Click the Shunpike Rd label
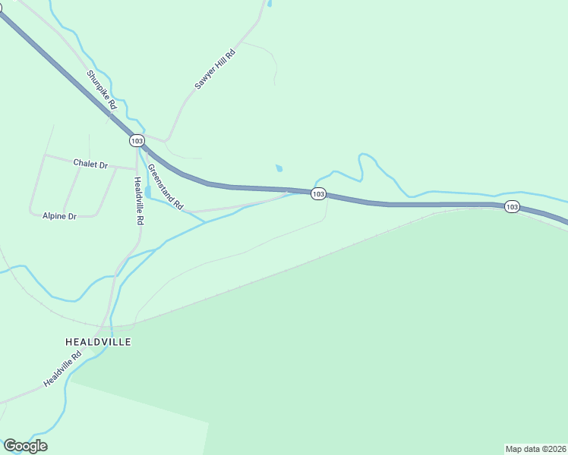pyautogui.click(x=101, y=89)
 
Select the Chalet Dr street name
pyautogui.click(x=90, y=164)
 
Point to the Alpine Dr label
pyautogui.click(x=59, y=216)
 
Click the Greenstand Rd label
pyautogui.click(x=166, y=187)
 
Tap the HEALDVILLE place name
pyautogui.click(x=98, y=342)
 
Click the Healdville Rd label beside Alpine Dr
pyautogui.click(x=138, y=201)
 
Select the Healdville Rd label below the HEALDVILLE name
pyautogui.click(x=62, y=370)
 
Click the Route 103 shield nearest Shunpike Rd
pyautogui.click(x=137, y=141)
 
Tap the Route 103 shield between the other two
pyautogui.click(x=319, y=194)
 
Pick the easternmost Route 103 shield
pyautogui.click(x=512, y=206)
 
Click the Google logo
pyautogui.click(x=25, y=446)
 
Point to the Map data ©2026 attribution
pyautogui.click(x=535, y=448)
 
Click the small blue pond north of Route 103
pyautogui.click(x=279, y=168)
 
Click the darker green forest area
pyautogui.click(x=380, y=341)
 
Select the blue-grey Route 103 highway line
pyautogui.click(x=425, y=205)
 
